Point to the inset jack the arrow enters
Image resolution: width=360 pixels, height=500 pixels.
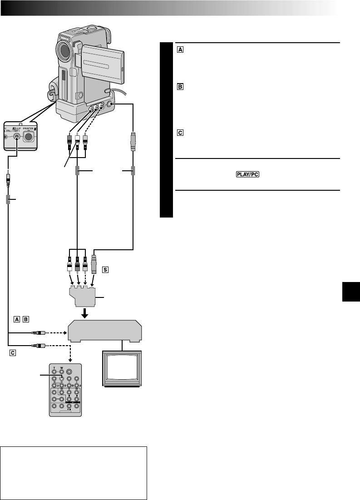pyautogui.click(x=17, y=136)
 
